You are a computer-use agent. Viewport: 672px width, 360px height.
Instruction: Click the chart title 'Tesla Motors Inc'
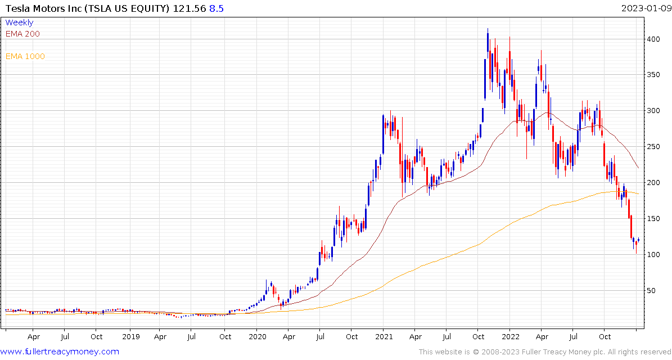(x=42, y=8)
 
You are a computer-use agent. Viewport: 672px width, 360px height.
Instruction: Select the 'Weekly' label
(x=19, y=22)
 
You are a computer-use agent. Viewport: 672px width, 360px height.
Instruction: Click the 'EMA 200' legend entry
(x=22, y=34)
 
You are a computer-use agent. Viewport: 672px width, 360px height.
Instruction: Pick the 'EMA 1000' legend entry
(x=25, y=56)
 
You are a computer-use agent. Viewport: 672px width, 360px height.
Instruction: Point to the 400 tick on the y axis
(x=653, y=39)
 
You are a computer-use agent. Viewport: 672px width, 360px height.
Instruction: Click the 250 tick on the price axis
(x=653, y=147)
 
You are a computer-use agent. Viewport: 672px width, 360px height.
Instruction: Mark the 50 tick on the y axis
(x=651, y=291)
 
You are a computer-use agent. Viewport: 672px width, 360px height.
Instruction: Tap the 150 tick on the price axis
(x=653, y=219)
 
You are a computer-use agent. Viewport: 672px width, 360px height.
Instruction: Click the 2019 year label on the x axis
(x=130, y=337)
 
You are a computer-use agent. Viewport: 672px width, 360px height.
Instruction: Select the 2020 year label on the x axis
(x=257, y=337)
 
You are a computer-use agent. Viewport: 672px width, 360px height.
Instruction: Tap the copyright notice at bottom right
(x=543, y=352)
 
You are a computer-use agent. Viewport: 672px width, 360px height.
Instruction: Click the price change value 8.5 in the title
(x=217, y=8)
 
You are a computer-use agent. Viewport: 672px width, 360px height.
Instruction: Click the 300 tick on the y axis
(x=653, y=111)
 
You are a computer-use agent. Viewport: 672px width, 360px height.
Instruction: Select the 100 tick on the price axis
(x=653, y=255)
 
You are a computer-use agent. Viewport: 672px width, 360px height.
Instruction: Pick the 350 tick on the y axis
(x=653, y=75)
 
